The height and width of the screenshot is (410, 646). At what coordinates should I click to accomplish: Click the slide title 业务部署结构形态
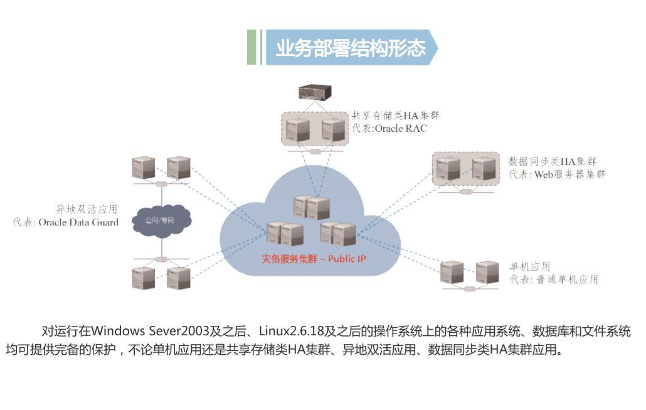(350, 48)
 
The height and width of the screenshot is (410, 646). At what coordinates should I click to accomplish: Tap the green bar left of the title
(252, 47)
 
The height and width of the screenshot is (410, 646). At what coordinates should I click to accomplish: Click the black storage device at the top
(315, 92)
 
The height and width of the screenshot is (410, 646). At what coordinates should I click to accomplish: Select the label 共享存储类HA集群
(395, 116)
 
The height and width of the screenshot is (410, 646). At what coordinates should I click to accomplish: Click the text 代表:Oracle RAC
(389, 129)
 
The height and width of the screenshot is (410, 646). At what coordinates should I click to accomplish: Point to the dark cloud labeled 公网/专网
(161, 221)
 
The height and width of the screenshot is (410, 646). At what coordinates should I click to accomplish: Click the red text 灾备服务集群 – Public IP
(313, 259)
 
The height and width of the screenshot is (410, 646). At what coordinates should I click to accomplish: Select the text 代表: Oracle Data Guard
(66, 222)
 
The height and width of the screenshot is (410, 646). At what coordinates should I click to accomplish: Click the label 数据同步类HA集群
(552, 161)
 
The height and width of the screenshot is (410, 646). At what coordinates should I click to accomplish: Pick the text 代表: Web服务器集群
(557, 175)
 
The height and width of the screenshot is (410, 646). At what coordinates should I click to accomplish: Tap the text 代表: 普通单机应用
(553, 279)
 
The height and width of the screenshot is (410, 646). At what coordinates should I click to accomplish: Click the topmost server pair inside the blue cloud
(312, 207)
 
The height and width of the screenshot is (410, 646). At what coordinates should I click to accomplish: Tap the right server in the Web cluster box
(484, 170)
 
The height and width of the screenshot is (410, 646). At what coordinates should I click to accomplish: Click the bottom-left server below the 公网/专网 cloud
(144, 277)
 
